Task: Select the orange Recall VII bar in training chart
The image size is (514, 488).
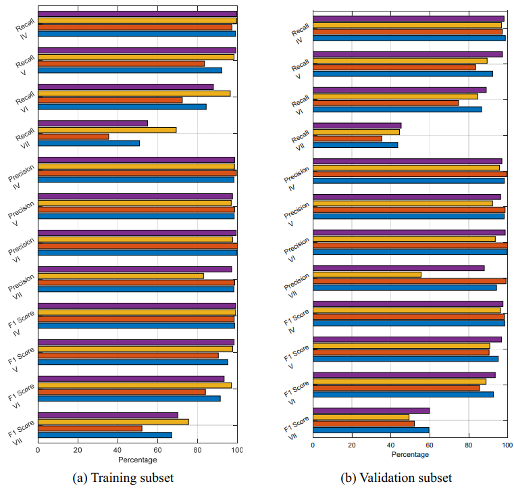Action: [x=73, y=137]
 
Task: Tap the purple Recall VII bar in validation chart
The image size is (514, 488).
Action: [x=357, y=125]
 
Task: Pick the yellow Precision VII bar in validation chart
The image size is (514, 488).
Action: [x=367, y=274]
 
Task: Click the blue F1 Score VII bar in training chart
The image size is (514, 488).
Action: [x=105, y=435]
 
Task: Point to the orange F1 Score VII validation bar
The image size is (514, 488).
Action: [x=363, y=423]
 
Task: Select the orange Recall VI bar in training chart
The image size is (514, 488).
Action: [x=110, y=100]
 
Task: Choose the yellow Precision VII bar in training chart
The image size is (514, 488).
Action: [x=120, y=276]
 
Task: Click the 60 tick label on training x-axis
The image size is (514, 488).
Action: [x=157, y=449]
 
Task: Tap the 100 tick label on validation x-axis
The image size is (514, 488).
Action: [x=507, y=445]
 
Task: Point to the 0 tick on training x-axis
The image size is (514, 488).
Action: [x=38, y=449]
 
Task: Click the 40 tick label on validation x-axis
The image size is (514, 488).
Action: [x=390, y=445]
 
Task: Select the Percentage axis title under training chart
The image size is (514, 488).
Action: [x=137, y=460]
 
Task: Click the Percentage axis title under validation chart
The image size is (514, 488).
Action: [x=410, y=455]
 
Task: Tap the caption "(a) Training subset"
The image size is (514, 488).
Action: [x=123, y=478]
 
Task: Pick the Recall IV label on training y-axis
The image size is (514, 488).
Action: [x=25, y=24]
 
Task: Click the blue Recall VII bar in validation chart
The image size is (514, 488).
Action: [x=355, y=145]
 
